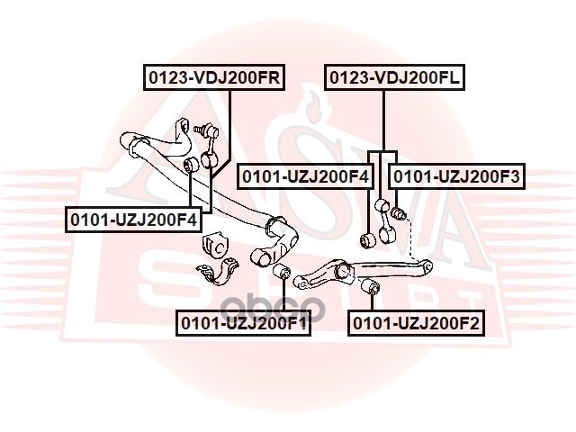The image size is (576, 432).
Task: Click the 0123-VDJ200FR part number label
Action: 213,78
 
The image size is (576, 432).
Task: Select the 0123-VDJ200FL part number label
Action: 395,78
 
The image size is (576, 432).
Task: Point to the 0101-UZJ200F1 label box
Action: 244,321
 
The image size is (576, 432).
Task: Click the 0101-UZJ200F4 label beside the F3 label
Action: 304,176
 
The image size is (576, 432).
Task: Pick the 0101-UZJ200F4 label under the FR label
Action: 133,219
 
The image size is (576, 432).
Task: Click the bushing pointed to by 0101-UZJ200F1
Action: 281,273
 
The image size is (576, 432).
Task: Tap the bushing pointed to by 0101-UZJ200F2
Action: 368,287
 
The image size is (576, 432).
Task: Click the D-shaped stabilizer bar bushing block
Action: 216,244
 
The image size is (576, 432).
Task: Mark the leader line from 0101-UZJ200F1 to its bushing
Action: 282,297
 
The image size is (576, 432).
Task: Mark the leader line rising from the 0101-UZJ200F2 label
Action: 371,303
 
